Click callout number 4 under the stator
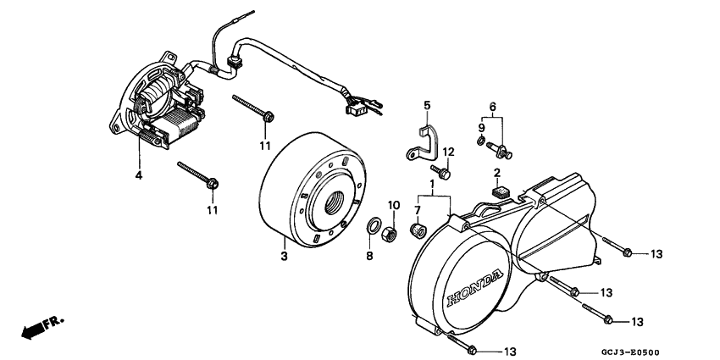138,176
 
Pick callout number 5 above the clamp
427,106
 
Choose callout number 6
491,106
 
